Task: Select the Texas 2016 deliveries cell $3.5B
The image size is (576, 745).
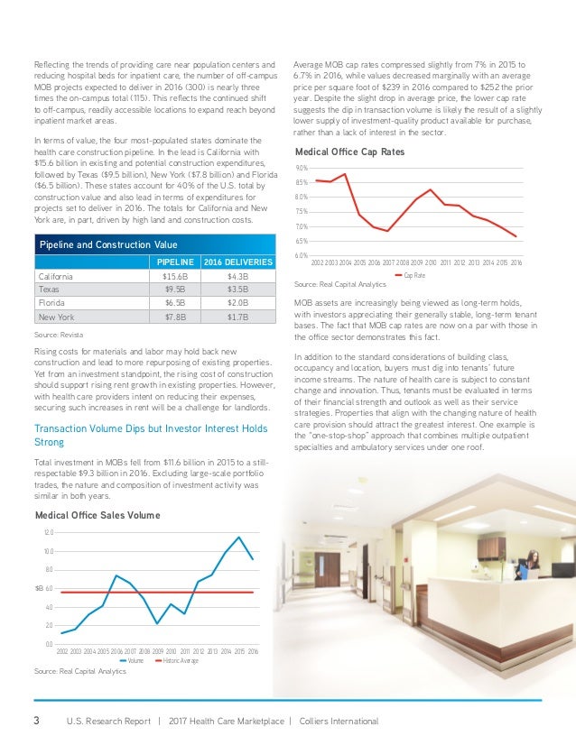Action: coord(237,290)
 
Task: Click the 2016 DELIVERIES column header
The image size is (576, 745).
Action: coord(237,262)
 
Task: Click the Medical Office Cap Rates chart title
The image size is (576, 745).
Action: coord(349,152)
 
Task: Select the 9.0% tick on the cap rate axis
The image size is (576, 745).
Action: coord(302,169)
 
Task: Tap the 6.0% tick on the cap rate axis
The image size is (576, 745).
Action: coord(302,256)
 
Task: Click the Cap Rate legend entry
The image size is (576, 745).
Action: coord(413,275)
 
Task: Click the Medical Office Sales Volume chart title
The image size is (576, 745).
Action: coord(97,515)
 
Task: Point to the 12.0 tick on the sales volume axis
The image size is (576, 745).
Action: coord(48,533)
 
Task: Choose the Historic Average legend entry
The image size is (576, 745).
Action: coord(180,661)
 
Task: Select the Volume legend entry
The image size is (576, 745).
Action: coord(135,661)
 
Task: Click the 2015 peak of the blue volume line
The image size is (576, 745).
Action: coord(239,538)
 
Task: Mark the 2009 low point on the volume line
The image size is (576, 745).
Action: coord(158,623)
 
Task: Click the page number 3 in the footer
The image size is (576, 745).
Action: coord(36,721)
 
